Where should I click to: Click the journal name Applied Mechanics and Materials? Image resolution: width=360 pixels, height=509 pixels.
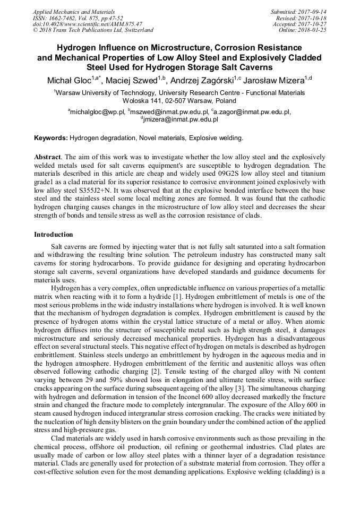click(x=70, y=11)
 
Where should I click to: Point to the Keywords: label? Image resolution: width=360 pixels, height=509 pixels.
click(x=51, y=138)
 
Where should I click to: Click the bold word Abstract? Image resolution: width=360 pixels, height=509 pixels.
click(x=47, y=158)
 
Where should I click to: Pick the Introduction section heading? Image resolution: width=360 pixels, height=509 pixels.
click(x=54, y=234)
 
